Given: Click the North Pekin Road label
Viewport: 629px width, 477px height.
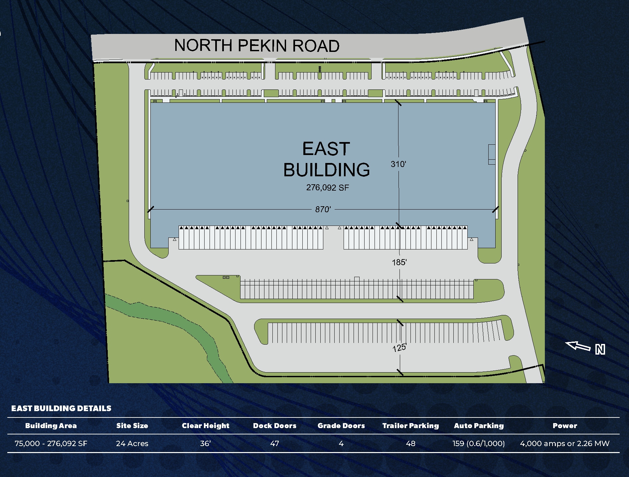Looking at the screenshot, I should point(257,46).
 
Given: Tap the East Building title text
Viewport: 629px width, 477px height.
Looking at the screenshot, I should point(326,159).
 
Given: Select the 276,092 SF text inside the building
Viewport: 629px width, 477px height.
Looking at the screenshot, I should point(328,188).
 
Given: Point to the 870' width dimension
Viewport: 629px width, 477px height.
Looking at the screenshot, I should point(323,209).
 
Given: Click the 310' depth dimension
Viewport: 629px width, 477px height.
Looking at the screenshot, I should point(398,164).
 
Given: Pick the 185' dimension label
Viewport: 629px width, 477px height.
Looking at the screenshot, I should point(399,262).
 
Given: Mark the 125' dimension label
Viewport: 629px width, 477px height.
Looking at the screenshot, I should point(399,348).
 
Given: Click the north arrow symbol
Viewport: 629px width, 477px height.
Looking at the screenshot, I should point(578,346).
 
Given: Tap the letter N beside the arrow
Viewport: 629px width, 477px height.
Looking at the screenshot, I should point(600,350).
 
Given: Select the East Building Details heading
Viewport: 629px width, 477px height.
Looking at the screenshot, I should point(61,408).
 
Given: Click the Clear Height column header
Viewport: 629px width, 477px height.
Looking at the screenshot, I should point(206,426).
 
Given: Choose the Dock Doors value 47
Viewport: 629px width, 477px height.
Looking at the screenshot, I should point(274,443).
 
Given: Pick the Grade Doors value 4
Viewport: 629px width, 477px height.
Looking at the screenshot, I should point(341,443).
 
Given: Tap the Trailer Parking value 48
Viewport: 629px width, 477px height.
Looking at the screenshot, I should point(410,443).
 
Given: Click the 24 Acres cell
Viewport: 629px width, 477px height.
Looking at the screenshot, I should point(132,443).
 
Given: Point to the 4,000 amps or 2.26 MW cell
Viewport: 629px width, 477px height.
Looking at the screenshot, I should point(565,443).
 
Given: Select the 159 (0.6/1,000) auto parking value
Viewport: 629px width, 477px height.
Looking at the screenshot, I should point(479,443).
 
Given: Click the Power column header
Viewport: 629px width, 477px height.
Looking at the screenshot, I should point(565,426).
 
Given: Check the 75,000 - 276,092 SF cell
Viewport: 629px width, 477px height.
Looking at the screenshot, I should point(51,443).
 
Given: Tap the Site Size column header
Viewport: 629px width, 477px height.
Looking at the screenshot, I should point(132,426).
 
